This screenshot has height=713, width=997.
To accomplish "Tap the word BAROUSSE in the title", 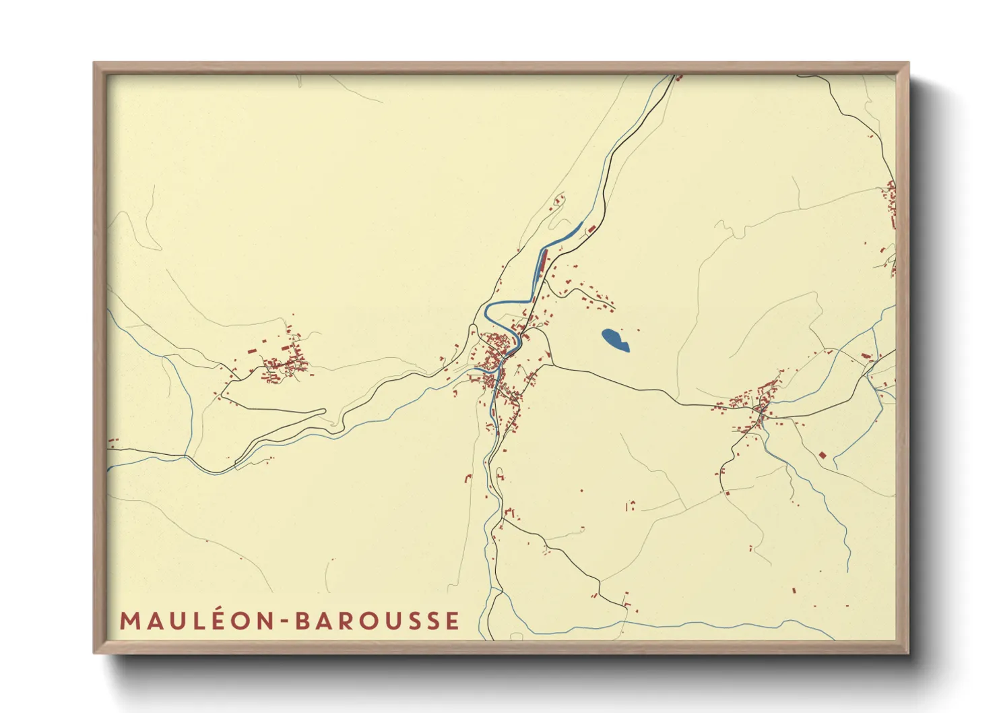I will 377,621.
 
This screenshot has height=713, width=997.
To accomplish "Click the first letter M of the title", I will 128,621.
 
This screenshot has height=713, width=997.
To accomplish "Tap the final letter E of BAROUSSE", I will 453,621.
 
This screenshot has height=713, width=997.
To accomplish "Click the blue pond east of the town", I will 614,340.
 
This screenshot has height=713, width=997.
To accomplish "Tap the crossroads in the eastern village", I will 761,410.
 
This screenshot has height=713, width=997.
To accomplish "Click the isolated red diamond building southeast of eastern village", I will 822,456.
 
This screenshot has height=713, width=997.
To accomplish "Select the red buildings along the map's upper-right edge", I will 891,202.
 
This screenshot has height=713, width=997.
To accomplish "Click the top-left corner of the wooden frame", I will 95,64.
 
